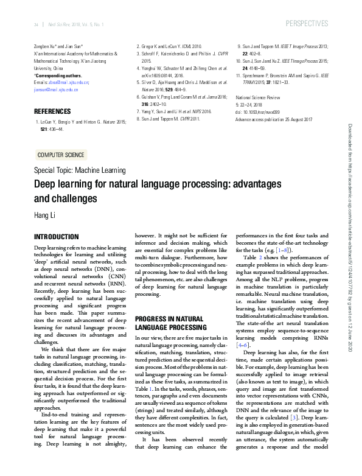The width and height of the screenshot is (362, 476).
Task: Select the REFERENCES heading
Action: pyautogui.click(x=53, y=112)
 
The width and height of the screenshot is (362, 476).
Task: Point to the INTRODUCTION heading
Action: pyautogui.click(x=57, y=236)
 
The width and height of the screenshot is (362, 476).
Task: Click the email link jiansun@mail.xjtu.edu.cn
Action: pyautogui.click(x=56, y=89)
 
